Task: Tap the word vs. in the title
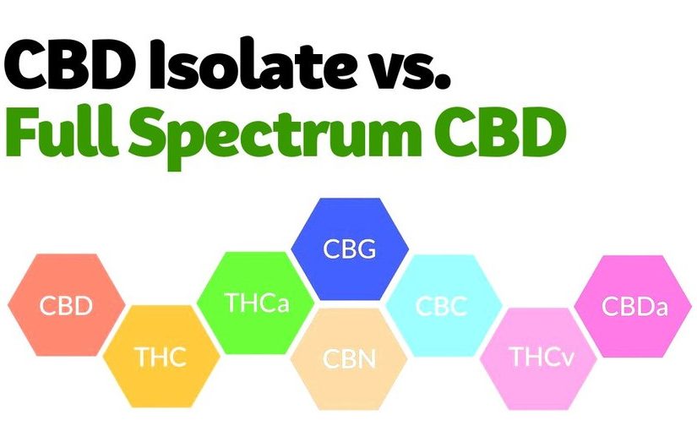click(x=405, y=70)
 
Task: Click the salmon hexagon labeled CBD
click(x=67, y=304)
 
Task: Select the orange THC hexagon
click(x=161, y=356)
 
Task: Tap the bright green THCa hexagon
click(x=256, y=303)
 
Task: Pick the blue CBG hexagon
click(x=350, y=248)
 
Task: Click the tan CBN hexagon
click(x=349, y=359)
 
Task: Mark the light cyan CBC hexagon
click(x=444, y=305)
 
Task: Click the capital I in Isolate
click(x=157, y=64)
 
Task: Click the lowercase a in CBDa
click(x=660, y=309)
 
